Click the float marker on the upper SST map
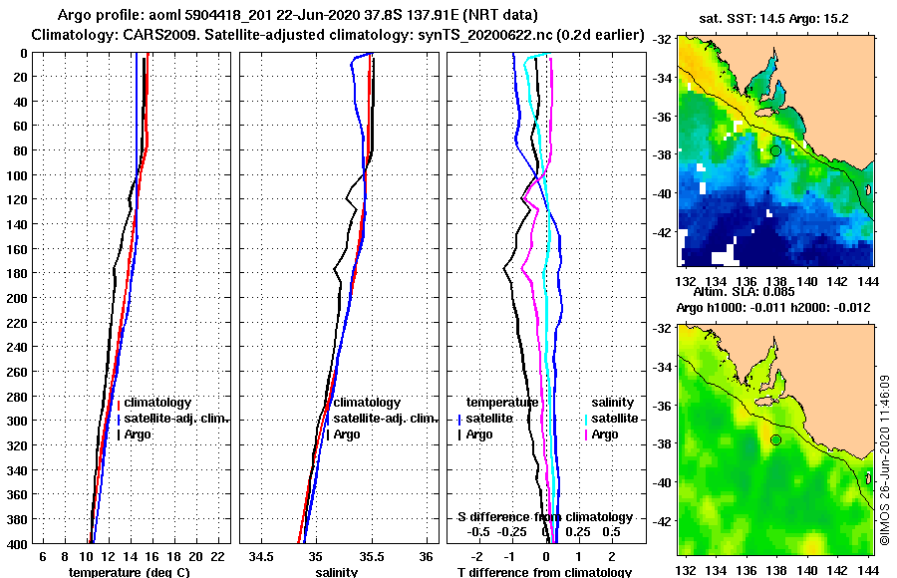coord(774,150)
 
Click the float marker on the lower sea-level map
coord(774,439)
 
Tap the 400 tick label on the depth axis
coord(21,544)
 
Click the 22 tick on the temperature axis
coord(216,555)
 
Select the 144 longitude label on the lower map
coord(866,569)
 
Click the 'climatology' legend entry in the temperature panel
coord(156,403)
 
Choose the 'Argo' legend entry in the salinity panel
coord(347,434)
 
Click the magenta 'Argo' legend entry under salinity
coord(605,434)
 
